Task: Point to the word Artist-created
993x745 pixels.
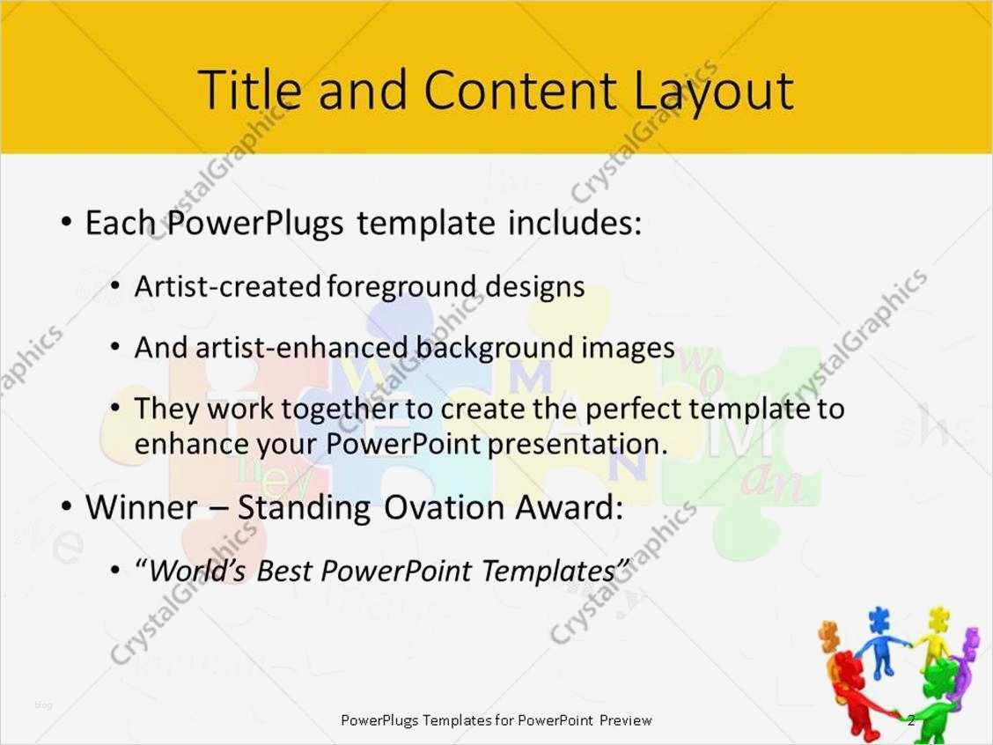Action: [227, 286]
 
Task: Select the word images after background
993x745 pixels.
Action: [628, 348]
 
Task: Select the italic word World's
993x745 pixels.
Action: [197, 572]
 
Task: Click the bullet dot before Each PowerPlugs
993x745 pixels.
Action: [68, 223]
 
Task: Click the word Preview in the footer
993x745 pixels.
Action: [626, 720]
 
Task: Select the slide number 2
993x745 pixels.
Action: [911, 720]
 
